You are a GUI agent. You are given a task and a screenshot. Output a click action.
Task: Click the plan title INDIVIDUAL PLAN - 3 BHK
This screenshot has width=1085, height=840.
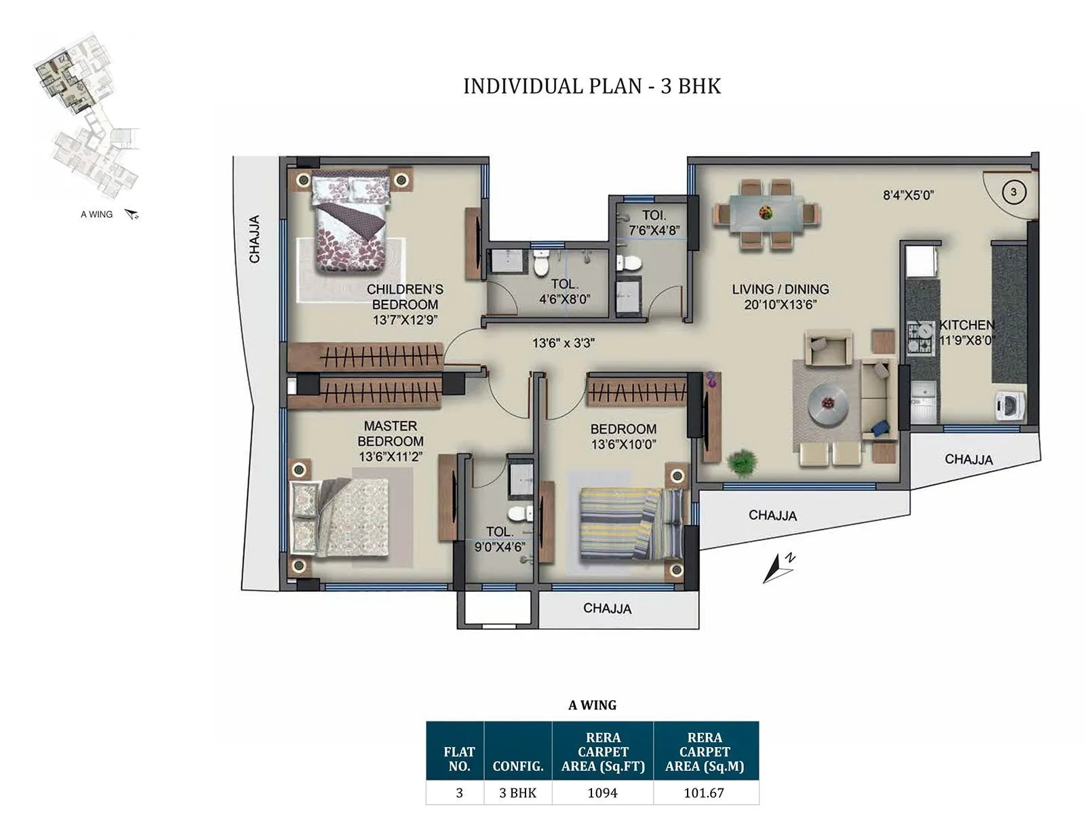(x=591, y=86)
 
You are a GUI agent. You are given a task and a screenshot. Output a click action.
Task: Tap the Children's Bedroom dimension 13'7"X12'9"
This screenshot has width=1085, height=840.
(x=405, y=320)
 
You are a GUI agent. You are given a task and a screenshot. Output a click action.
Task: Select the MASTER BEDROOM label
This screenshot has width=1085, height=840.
(x=391, y=433)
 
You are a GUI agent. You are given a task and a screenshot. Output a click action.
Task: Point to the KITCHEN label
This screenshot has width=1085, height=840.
(x=966, y=325)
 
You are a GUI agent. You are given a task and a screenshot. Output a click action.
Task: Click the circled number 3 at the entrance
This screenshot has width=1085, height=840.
(x=1013, y=192)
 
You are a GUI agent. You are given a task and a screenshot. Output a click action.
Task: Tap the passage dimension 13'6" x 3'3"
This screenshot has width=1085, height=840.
(x=563, y=343)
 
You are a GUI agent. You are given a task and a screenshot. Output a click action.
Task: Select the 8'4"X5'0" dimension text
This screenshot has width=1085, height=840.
(x=908, y=195)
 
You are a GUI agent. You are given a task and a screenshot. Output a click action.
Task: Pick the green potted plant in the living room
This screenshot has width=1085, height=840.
(x=741, y=462)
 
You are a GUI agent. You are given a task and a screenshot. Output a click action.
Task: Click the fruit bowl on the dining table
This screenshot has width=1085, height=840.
(x=766, y=213)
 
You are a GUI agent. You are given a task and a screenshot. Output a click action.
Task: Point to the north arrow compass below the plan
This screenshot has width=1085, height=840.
(x=778, y=567)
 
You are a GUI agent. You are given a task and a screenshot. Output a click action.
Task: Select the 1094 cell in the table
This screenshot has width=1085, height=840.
(x=602, y=793)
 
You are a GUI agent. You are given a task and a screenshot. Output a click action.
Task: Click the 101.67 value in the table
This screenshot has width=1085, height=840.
(x=704, y=793)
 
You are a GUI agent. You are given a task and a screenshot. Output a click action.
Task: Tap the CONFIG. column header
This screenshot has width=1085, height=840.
(x=517, y=766)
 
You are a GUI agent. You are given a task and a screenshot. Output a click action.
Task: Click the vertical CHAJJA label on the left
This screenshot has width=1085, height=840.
(x=254, y=239)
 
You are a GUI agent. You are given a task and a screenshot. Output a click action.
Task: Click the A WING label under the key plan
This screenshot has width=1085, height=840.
(x=96, y=214)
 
